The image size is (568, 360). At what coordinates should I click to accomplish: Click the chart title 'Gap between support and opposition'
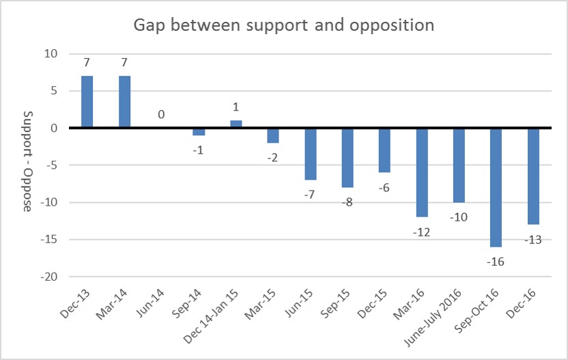pos(284,25)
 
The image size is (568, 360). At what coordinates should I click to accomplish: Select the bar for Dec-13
pos(87,102)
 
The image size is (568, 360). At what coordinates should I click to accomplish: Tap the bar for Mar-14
pos(124,102)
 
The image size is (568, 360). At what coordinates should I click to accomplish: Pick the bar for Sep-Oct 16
pos(496,186)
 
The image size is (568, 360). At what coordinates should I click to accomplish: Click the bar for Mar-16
pos(421,172)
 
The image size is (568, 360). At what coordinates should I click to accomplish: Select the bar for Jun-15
pos(310,154)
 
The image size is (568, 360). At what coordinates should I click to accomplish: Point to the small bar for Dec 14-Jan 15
pos(236,124)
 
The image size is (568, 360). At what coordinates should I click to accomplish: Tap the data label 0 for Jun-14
pos(161,115)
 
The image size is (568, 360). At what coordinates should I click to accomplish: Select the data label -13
pos(533,240)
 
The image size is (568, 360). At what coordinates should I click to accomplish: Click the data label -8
pos(347,202)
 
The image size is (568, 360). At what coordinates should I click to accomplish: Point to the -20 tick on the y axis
pos(49,277)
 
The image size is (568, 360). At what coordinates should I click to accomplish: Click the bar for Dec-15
pos(384,150)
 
